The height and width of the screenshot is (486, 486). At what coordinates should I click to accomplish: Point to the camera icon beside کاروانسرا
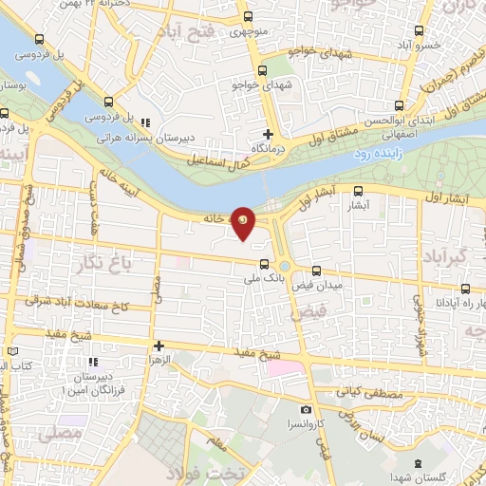click(x=306, y=410)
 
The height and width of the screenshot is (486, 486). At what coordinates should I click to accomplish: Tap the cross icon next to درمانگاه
click(x=268, y=135)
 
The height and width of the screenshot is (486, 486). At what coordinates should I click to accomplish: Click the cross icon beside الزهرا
click(x=159, y=346)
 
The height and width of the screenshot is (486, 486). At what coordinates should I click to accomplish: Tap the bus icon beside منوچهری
click(x=247, y=17)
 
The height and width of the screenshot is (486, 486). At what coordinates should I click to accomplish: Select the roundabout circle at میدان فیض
click(x=285, y=266)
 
